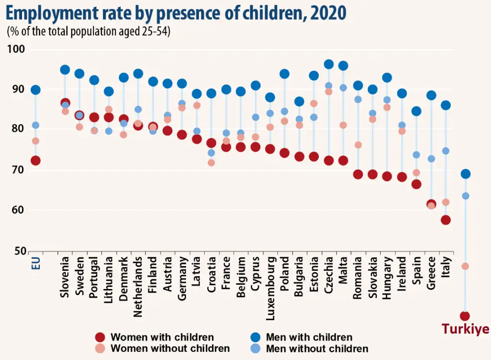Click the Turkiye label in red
[465, 329]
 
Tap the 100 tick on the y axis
[19, 49]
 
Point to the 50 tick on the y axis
[20, 251]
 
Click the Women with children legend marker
[100, 337]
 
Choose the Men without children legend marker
[256, 348]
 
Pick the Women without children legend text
[170, 348]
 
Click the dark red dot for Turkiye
[465, 316]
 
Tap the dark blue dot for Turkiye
[465, 174]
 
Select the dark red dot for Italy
[445, 220]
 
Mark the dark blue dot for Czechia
[329, 64]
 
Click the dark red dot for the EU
[35, 161]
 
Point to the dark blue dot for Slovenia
[65, 70]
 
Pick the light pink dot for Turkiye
[465, 266]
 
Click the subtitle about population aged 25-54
[89, 32]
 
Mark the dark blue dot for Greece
[431, 95]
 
